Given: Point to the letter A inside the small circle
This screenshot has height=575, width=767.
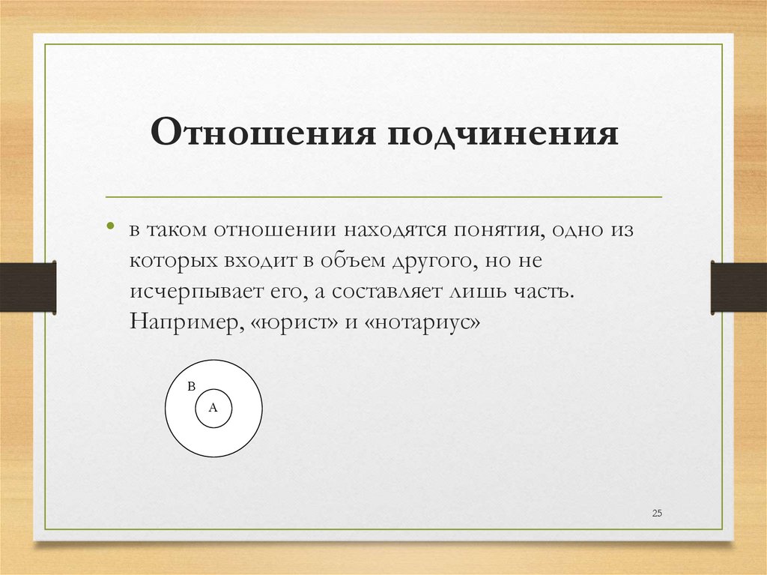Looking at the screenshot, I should (x=213, y=408).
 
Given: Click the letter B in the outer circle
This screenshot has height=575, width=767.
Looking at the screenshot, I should (x=191, y=387).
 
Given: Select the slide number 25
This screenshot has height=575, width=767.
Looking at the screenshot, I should (x=658, y=513).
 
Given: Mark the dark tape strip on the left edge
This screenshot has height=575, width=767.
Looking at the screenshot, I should (x=28, y=286).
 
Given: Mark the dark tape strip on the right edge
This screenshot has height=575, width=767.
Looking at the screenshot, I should (x=739, y=286).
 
